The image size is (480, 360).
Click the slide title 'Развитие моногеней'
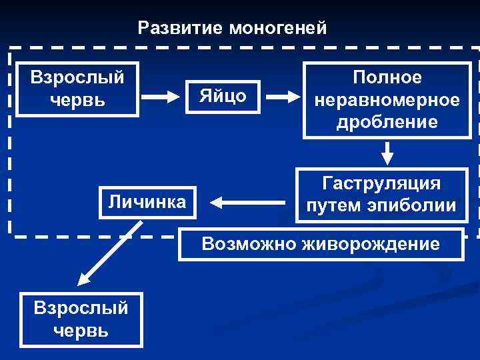tap(232, 28)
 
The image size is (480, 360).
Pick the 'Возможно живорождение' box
tap(321, 244)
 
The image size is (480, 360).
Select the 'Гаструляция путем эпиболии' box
tap(381, 195)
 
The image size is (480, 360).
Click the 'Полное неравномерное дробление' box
tap(387, 100)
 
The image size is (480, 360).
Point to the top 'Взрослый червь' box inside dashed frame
tap(77, 89)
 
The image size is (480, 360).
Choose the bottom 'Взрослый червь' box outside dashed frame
tap(81, 319)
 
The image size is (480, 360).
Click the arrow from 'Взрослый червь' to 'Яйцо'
tap(160, 97)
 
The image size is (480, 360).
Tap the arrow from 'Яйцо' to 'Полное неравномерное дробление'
tap(283, 97)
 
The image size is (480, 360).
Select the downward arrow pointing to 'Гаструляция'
tap(387, 153)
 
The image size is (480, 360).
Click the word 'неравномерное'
tap(387, 100)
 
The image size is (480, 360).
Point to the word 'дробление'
tap(387, 121)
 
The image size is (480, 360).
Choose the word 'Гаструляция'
tap(381, 183)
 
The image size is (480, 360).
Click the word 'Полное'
tap(387, 78)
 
